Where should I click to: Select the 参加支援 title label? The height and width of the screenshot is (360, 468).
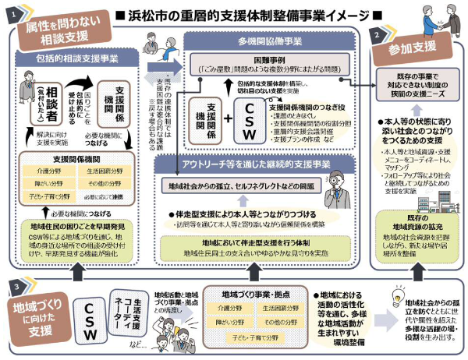415,50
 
